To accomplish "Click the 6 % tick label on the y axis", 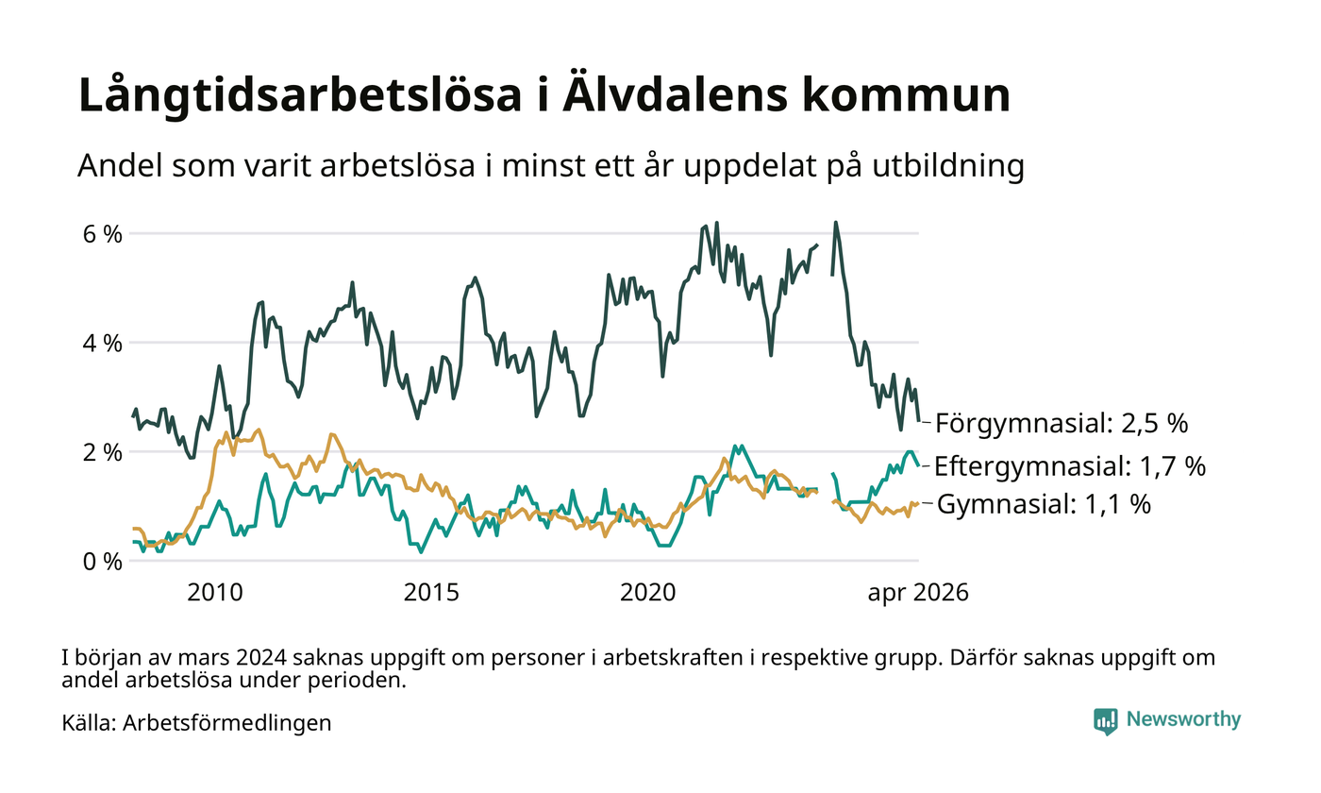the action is pos(103,234).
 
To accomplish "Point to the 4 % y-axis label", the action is pos(103,343).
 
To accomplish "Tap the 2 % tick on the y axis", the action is pos(103,452).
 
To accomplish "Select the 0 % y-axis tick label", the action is pos(103,562).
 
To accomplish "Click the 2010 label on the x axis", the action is pos(215,593).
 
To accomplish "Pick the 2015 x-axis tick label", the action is pos(431,593).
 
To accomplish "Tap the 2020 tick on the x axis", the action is pos(647,593).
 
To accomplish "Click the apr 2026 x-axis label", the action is pos(918,593).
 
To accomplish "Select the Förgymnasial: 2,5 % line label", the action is pos(1062,424).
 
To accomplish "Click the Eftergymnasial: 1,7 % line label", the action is pos(1070,466).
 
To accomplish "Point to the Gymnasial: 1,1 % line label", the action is pos(1044,504).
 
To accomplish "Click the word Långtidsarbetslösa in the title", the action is pos(300,94).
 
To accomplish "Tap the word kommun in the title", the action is pos(906,95).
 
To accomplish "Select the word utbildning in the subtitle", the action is pos(948,166).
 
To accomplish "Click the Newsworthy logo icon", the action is pos(1106,721).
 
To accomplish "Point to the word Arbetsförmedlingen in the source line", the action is pos(227,723).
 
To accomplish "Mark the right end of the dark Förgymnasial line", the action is pos(919,421).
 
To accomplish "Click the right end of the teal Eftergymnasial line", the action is pos(919,466).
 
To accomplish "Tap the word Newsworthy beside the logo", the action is pos(1183,719).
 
